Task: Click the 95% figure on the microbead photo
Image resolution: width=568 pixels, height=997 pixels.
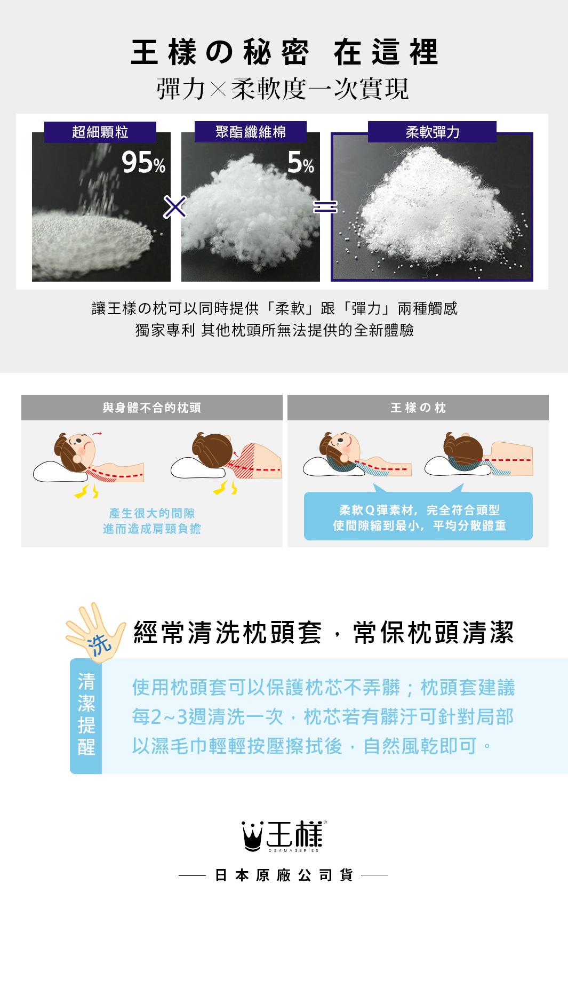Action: [x=143, y=162]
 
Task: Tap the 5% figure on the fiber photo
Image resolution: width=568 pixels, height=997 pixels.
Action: [x=300, y=162]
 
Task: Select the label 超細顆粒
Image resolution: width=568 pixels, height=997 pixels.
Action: [x=100, y=132]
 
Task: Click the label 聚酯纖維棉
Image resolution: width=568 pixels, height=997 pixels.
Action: [x=251, y=132]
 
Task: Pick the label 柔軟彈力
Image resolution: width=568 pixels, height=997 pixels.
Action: [x=432, y=132]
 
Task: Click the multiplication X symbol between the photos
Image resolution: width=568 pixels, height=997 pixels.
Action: [x=175, y=207]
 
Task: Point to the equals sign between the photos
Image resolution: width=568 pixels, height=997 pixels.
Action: [x=325, y=207]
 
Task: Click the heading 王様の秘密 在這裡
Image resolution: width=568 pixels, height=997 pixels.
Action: [x=284, y=52]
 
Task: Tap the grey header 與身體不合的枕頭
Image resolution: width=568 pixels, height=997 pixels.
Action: [x=152, y=408]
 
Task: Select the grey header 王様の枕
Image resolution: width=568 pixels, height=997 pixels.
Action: [x=418, y=408]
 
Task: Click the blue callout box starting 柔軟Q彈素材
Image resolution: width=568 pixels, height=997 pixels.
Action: [x=418, y=517]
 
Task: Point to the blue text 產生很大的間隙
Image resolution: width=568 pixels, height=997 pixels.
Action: [x=152, y=513]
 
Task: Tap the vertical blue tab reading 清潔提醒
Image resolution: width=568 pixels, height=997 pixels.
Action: [x=86, y=715]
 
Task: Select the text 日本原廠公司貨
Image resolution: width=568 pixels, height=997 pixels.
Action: [x=284, y=875]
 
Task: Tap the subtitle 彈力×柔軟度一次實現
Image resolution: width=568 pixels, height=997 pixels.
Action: [x=283, y=89]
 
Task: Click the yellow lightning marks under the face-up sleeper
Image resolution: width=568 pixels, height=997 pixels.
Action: [x=86, y=491]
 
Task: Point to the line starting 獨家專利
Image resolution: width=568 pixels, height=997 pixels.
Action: [x=275, y=330]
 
